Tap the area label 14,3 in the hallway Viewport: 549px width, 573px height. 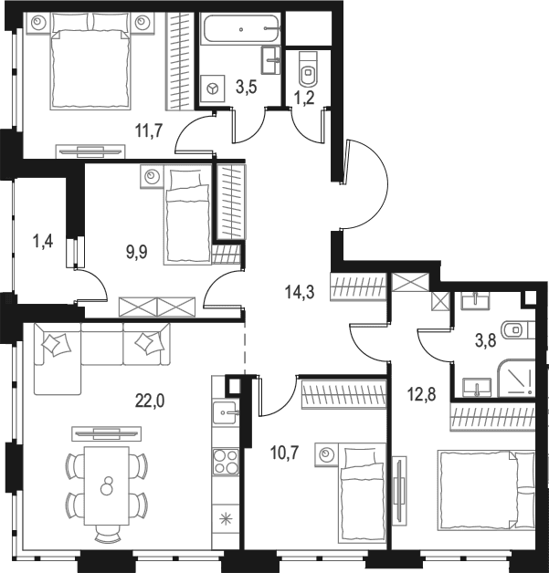tap(300, 292)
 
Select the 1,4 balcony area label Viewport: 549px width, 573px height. tap(43, 242)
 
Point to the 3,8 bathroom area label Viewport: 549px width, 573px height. tap(485, 340)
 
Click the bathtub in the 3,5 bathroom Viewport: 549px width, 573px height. tap(240, 28)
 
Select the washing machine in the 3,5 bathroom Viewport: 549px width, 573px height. tap(213, 89)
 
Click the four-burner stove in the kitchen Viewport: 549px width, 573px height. tap(226, 462)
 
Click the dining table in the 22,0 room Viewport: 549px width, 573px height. tap(107, 485)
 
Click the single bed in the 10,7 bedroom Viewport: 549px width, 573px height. tap(362, 497)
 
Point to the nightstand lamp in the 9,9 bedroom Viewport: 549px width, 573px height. tap(151, 177)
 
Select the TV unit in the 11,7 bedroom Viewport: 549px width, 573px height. tap(90, 151)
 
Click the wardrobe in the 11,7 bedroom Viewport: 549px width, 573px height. tap(179, 61)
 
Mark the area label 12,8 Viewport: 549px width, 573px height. tap(421, 395)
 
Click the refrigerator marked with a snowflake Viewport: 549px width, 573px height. tap(226, 519)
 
